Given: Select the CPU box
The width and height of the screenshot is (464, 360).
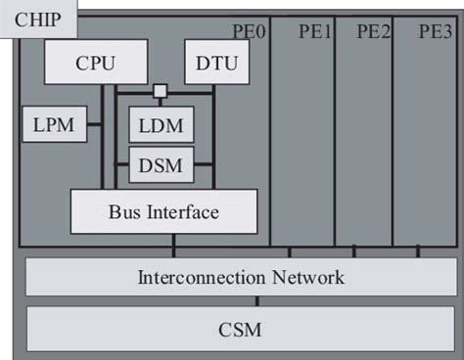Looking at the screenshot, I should (x=95, y=64).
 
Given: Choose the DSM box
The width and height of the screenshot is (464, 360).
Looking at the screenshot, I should (x=162, y=163).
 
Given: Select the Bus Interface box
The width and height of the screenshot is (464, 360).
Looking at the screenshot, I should (x=163, y=211).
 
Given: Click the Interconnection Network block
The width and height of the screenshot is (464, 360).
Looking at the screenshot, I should (x=240, y=277).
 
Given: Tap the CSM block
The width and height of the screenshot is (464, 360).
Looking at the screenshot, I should (x=240, y=328).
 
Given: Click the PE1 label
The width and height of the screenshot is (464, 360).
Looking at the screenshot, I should (x=315, y=32).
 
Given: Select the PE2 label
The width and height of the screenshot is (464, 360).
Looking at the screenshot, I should (x=374, y=32).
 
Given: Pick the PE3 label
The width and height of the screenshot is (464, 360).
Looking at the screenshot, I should (x=435, y=32).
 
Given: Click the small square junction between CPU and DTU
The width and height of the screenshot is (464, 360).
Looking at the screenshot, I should (x=158, y=93).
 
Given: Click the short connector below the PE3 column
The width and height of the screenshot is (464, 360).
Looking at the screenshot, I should (x=416, y=252).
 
